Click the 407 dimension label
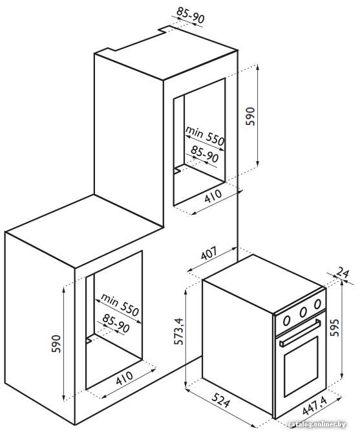(209, 254)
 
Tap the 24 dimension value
(343, 272)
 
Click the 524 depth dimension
(221, 400)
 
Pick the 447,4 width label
(314, 406)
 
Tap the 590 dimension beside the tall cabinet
(250, 116)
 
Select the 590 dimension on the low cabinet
(56, 344)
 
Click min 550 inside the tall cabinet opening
(205, 136)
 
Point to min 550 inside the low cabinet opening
(120, 305)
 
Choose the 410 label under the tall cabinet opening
(213, 196)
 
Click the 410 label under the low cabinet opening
(125, 378)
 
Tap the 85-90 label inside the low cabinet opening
(116, 323)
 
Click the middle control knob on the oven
(303, 312)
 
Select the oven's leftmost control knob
(286, 320)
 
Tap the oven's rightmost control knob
(317, 304)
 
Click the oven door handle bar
(300, 333)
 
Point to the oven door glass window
(301, 366)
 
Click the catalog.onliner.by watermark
(317, 424)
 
